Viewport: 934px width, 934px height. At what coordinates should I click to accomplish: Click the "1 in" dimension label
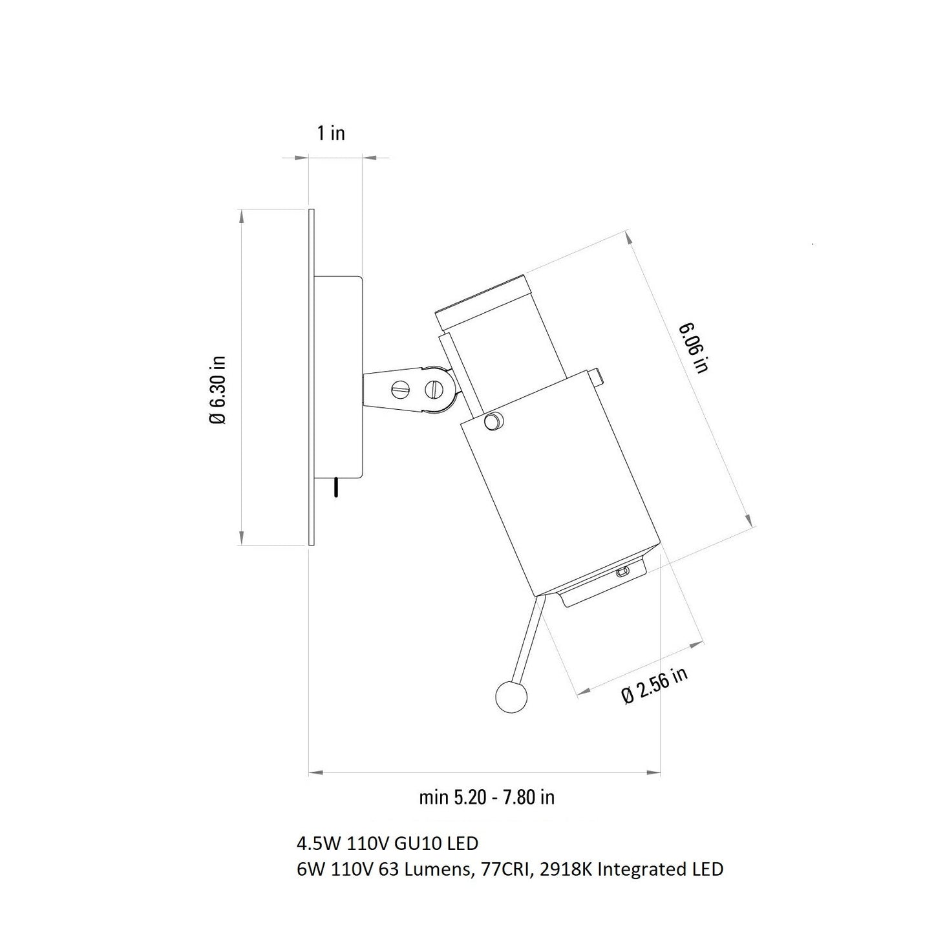(331, 133)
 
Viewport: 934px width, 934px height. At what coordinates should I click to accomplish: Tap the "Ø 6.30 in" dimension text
(218, 390)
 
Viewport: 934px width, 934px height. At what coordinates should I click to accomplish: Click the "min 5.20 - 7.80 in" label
(486, 798)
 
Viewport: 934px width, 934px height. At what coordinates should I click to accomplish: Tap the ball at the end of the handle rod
(511, 697)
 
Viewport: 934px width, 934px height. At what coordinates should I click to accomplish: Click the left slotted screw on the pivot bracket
(400, 388)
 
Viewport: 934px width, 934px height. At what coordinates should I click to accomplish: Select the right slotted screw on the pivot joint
(434, 388)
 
